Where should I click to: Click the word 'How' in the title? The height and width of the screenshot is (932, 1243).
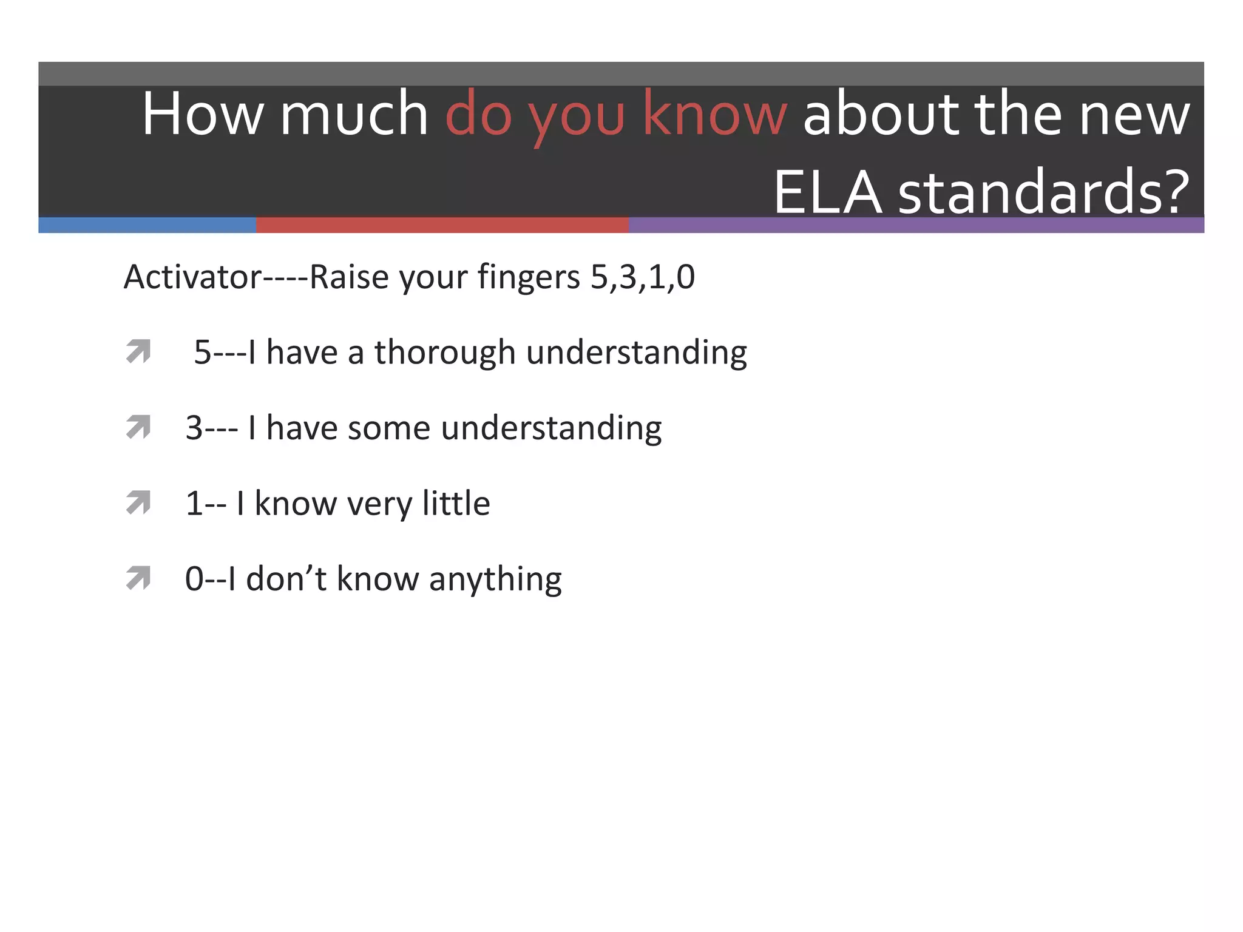(x=203, y=114)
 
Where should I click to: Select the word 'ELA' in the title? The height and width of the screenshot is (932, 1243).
(x=827, y=193)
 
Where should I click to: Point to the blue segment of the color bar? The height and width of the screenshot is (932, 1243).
(x=147, y=225)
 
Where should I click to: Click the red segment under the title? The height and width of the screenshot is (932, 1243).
(x=442, y=225)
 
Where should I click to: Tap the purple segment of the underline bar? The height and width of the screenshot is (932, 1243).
(x=916, y=225)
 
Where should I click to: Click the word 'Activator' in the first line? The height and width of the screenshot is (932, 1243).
(x=192, y=277)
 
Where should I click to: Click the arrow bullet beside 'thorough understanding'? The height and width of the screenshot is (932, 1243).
(x=138, y=351)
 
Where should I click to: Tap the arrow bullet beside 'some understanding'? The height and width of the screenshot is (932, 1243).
(x=138, y=427)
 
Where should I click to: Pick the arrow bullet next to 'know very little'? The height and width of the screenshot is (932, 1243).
(x=138, y=502)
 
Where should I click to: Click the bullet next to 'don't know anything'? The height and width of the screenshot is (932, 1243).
(x=138, y=578)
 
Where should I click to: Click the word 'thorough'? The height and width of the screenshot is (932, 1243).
(x=445, y=353)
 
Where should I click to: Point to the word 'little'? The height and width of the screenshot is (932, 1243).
(x=456, y=503)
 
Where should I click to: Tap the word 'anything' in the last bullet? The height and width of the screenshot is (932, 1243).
(x=495, y=580)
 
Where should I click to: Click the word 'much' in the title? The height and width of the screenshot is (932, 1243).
(x=354, y=114)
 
